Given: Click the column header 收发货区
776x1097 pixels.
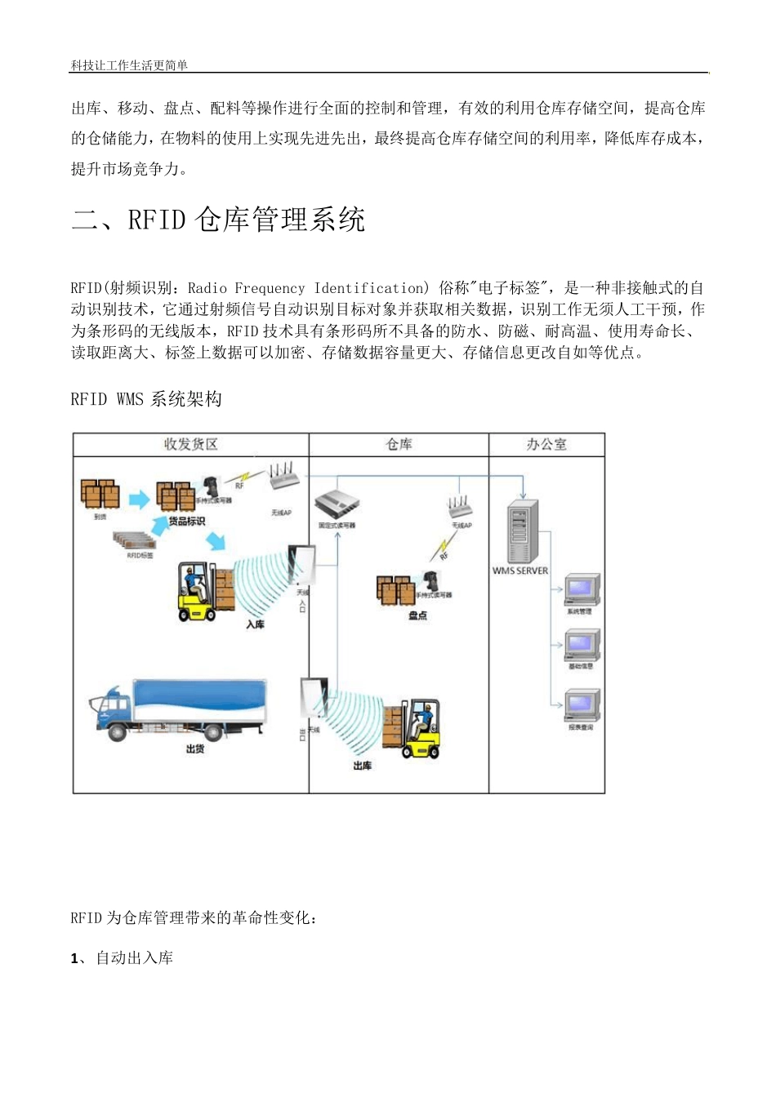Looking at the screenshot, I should (x=190, y=445).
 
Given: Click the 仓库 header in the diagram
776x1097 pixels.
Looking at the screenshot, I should (x=399, y=445).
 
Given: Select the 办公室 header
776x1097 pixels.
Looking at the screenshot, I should (x=546, y=445).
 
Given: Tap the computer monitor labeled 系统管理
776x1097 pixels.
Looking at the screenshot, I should (x=582, y=589).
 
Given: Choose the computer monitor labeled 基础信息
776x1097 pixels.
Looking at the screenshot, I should (x=582, y=645).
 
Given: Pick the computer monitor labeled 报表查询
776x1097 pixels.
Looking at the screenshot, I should (x=582, y=705).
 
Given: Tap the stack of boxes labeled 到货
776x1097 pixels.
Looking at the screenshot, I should (x=100, y=495).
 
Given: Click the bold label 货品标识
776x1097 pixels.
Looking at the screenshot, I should (x=187, y=522).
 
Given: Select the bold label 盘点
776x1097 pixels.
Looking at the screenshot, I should (x=417, y=615).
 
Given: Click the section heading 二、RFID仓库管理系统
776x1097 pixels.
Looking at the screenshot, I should (x=218, y=220).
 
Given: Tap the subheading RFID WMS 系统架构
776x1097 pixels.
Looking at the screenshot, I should (x=146, y=399).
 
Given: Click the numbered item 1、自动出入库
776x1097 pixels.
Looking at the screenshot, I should (x=123, y=958).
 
